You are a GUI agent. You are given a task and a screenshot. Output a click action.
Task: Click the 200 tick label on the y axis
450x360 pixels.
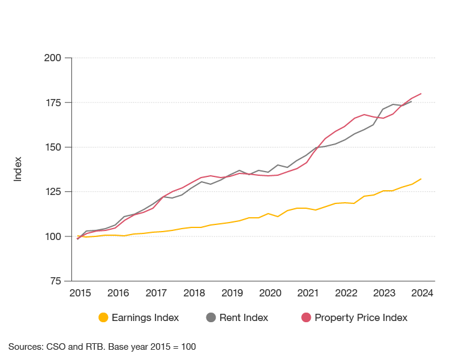click(x=52, y=58)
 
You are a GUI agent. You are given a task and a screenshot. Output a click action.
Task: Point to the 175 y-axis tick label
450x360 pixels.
click(x=52, y=103)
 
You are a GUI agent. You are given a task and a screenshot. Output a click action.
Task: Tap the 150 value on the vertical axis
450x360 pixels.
click(x=52, y=147)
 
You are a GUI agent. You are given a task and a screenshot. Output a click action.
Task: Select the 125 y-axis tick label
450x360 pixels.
click(x=52, y=191)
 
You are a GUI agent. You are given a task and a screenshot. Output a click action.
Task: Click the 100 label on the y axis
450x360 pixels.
click(x=52, y=236)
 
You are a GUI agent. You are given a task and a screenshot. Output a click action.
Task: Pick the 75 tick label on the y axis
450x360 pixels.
click(x=55, y=281)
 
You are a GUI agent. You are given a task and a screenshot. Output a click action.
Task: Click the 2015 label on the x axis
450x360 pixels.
click(x=80, y=293)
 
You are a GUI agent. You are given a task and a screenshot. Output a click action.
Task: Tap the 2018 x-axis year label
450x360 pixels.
click(x=194, y=293)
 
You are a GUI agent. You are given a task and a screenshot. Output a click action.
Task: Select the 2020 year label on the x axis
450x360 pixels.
click(x=270, y=293)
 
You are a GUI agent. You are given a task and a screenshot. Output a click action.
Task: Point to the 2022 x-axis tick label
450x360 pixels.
click(x=346, y=293)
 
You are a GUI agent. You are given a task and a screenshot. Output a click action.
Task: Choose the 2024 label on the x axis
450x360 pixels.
click(x=422, y=293)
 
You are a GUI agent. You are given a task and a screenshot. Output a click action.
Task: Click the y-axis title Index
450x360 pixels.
click(x=18, y=169)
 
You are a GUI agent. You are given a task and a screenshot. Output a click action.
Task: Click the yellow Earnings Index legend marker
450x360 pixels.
click(x=103, y=317)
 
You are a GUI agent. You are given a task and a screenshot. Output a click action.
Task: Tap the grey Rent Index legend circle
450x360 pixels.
click(x=211, y=317)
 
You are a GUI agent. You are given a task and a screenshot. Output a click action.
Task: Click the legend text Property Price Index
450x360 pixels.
click(x=361, y=317)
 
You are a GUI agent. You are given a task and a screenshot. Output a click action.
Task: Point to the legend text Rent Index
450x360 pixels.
click(x=244, y=317)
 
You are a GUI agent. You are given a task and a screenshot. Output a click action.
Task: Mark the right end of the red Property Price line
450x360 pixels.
click(x=422, y=94)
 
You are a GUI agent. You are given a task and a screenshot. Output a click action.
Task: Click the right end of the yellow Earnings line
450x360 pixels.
click(x=422, y=179)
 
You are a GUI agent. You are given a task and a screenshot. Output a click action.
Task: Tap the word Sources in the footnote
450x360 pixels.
click(x=25, y=347)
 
